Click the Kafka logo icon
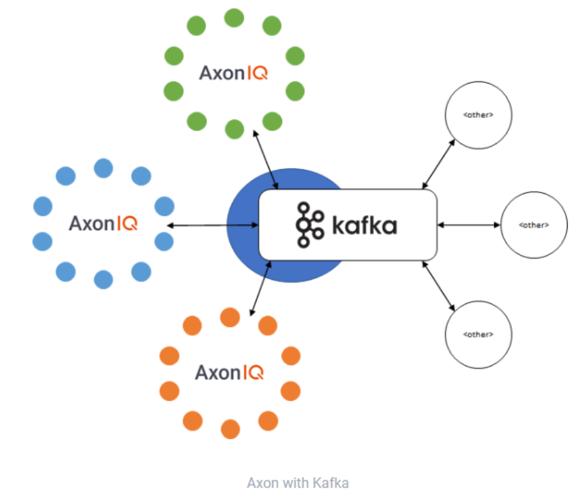coord(309,224)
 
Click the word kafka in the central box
coord(365,225)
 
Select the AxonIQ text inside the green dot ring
coord(234,73)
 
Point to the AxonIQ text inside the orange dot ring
coord(229,372)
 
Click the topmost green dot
coord(234,18)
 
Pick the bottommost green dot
coord(234,129)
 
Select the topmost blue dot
coord(103,168)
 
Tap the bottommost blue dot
coord(103,279)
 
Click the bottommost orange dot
coord(231,429)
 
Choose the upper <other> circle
coord(478,115)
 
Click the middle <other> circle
coord(533,225)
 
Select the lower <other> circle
coord(478,334)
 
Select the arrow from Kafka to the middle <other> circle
coord(469,225)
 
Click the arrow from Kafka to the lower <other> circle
coord(438,286)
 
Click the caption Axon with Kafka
coord(297,483)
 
